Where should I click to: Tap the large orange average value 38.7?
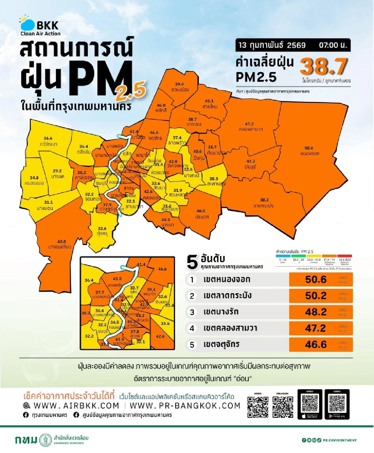pyautogui.click(x=324, y=66)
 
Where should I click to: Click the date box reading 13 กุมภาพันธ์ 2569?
pyautogui.click(x=272, y=45)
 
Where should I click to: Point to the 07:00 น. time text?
pyautogui.click(x=333, y=45)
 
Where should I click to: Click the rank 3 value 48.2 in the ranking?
pyautogui.click(x=316, y=312)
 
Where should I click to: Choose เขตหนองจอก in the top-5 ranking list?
pyautogui.click(x=227, y=279)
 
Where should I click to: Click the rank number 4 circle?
pyautogui.click(x=192, y=328)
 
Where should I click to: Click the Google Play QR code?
pyautogui.click(x=337, y=404)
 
